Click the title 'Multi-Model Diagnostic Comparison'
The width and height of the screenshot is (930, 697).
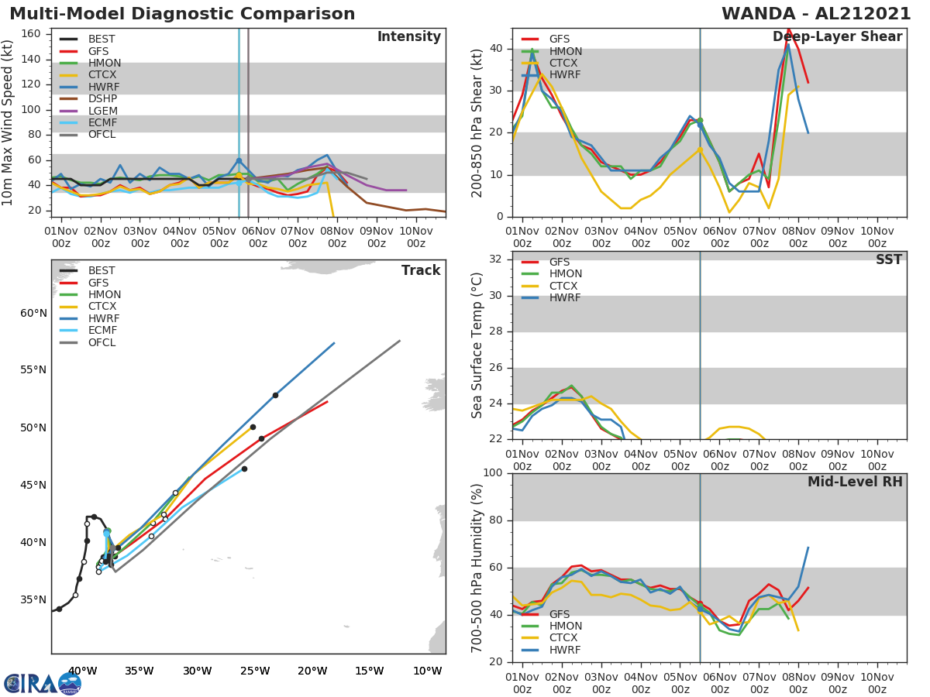(x=182, y=14)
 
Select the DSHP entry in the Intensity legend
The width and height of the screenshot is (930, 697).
(x=102, y=99)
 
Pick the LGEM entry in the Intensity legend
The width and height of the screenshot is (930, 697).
(x=102, y=111)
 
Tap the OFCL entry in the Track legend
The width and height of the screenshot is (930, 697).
(x=102, y=342)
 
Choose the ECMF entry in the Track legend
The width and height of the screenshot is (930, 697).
(x=102, y=331)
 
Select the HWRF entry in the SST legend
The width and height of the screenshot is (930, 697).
(x=565, y=298)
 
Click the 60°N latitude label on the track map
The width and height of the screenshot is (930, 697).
(x=33, y=313)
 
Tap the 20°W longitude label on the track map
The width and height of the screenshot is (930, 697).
(x=312, y=671)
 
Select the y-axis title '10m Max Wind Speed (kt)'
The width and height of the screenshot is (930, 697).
(x=9, y=122)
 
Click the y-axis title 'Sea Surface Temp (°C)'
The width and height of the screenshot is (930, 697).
(x=477, y=345)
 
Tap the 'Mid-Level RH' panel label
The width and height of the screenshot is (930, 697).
(x=855, y=482)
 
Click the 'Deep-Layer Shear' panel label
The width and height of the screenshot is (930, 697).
(x=837, y=37)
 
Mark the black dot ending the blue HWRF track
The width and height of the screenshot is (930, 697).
(x=275, y=395)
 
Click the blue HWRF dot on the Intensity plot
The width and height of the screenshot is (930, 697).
(x=239, y=161)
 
